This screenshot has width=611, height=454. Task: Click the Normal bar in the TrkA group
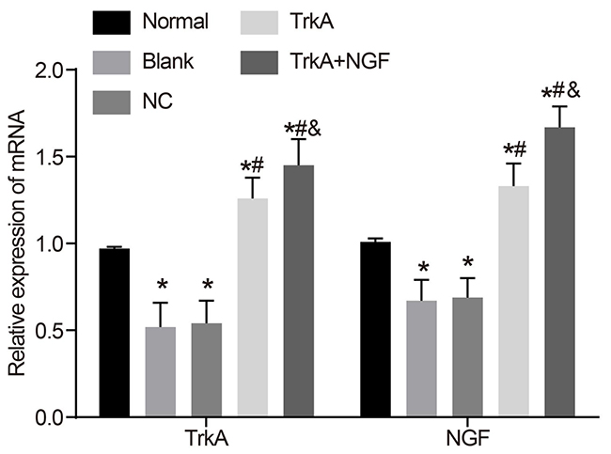[114, 333]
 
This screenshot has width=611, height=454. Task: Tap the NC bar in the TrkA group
[206, 369]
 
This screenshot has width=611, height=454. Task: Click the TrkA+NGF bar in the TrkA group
[298, 291]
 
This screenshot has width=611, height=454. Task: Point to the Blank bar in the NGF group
[421, 358]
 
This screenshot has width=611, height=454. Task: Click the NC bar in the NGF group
[467, 357]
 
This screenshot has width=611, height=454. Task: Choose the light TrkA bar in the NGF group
[513, 301]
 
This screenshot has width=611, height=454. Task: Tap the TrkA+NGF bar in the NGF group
[559, 272]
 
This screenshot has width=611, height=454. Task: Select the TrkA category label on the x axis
[207, 439]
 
